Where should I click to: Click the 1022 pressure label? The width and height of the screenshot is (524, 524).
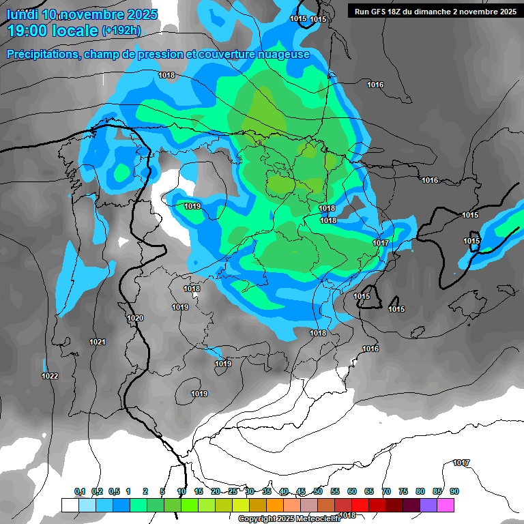click(x=49, y=376)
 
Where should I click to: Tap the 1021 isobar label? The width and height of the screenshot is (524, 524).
click(x=98, y=342)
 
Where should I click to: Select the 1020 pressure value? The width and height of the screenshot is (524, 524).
click(x=135, y=318)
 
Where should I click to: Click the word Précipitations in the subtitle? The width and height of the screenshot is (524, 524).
click(x=42, y=55)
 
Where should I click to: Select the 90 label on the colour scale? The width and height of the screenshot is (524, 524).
click(x=454, y=491)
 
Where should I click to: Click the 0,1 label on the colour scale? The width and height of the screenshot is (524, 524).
click(x=79, y=491)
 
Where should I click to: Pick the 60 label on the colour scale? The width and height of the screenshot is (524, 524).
click(x=351, y=491)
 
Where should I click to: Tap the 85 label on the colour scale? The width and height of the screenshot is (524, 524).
click(x=437, y=491)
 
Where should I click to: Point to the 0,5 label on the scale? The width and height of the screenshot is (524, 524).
click(x=114, y=491)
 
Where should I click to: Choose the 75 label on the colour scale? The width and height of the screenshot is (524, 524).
click(x=403, y=491)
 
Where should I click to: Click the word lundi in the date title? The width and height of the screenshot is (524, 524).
click(x=22, y=14)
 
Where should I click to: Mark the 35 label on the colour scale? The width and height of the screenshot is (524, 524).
click(x=266, y=491)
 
